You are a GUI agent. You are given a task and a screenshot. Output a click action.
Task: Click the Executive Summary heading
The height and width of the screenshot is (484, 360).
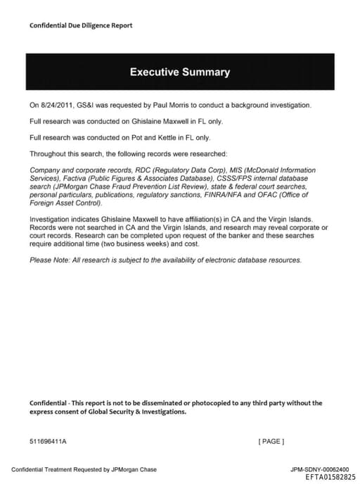point(179,72)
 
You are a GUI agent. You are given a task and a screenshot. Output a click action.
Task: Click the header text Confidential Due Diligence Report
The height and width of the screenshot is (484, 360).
point(81,25)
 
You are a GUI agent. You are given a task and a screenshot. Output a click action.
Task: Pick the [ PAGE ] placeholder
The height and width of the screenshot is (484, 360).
point(271,441)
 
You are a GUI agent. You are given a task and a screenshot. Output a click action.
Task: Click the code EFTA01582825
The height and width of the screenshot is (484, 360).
point(330,477)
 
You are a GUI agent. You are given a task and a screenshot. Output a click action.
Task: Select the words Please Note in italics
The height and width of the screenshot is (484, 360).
point(49,260)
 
